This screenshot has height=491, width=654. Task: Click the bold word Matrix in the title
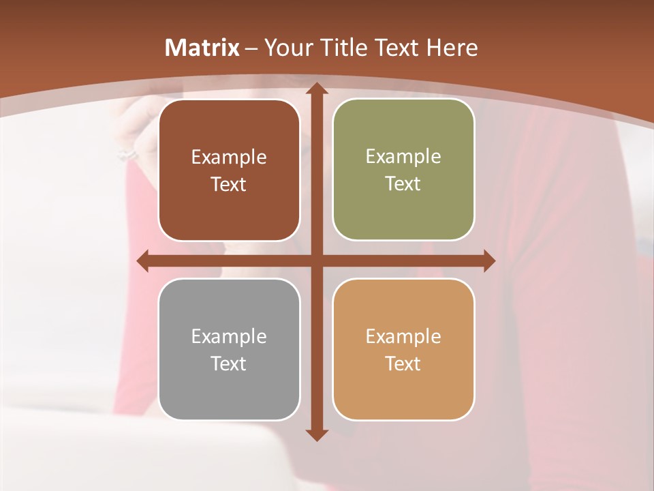pos(202,48)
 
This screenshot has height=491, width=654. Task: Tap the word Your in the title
pos(285,48)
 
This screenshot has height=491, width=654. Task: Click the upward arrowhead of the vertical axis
pos(316,89)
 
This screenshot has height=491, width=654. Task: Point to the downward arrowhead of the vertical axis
pos(316,434)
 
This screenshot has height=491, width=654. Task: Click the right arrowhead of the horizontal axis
pos(489,261)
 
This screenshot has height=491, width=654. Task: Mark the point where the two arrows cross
pos(316,261)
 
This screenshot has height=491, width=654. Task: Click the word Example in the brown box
pos(229,158)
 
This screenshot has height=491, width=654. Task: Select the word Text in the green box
pos(403,184)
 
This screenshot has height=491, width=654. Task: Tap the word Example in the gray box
pos(229,337)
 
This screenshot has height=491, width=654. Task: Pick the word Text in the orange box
pos(403,364)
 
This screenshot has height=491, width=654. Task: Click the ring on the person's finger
pos(127,154)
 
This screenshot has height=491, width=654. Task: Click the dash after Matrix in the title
pos(251,48)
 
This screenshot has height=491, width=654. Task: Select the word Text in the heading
pos(398,48)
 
